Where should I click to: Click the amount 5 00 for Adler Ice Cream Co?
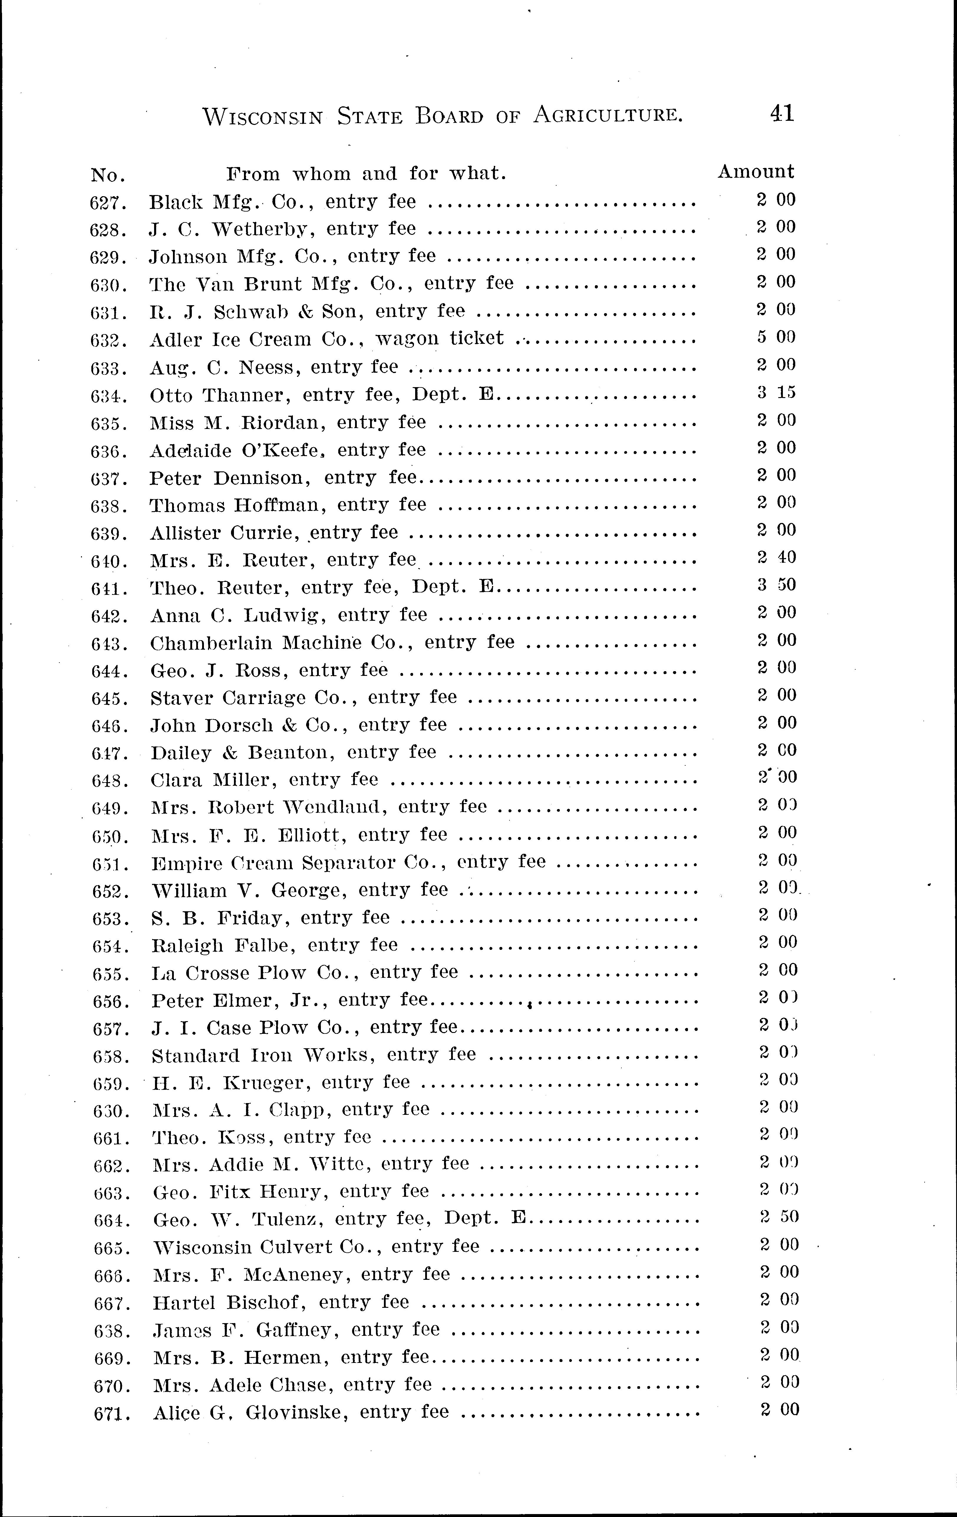tap(776, 337)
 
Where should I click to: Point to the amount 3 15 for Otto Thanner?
tap(776, 392)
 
